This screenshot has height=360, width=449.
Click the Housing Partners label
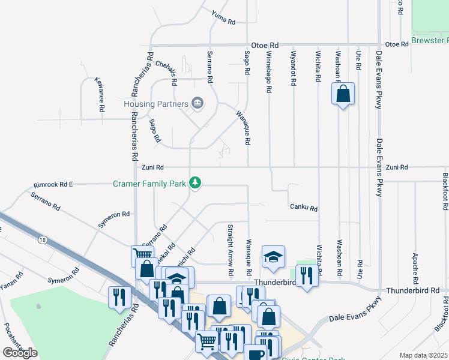[155, 104]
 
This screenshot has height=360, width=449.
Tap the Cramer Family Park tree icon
[194, 182]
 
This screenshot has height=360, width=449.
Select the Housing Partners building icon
[197, 104]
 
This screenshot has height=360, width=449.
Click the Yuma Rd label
[224, 17]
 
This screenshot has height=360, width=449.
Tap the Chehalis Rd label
[166, 71]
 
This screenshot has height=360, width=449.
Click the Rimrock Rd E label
[53, 184]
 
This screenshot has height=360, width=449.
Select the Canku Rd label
[303, 208]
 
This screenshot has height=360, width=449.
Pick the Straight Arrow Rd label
[231, 250]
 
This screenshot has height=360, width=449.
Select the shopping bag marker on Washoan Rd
[343, 94]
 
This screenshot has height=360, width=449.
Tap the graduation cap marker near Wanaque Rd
[273, 257]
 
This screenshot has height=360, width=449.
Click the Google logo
[20, 353]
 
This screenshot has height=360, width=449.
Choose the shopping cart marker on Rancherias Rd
[142, 256]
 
